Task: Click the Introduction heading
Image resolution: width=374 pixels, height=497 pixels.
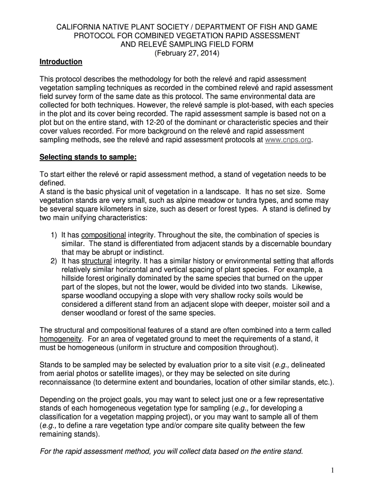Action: tap(61, 62)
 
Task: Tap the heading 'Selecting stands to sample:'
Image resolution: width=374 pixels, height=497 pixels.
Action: tap(88, 157)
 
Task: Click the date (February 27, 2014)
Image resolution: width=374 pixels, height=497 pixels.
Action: tap(187, 53)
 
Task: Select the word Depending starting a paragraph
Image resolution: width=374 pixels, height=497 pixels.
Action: tap(58, 400)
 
